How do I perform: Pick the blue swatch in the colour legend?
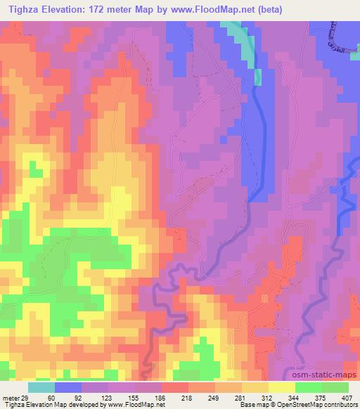(67, 388)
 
